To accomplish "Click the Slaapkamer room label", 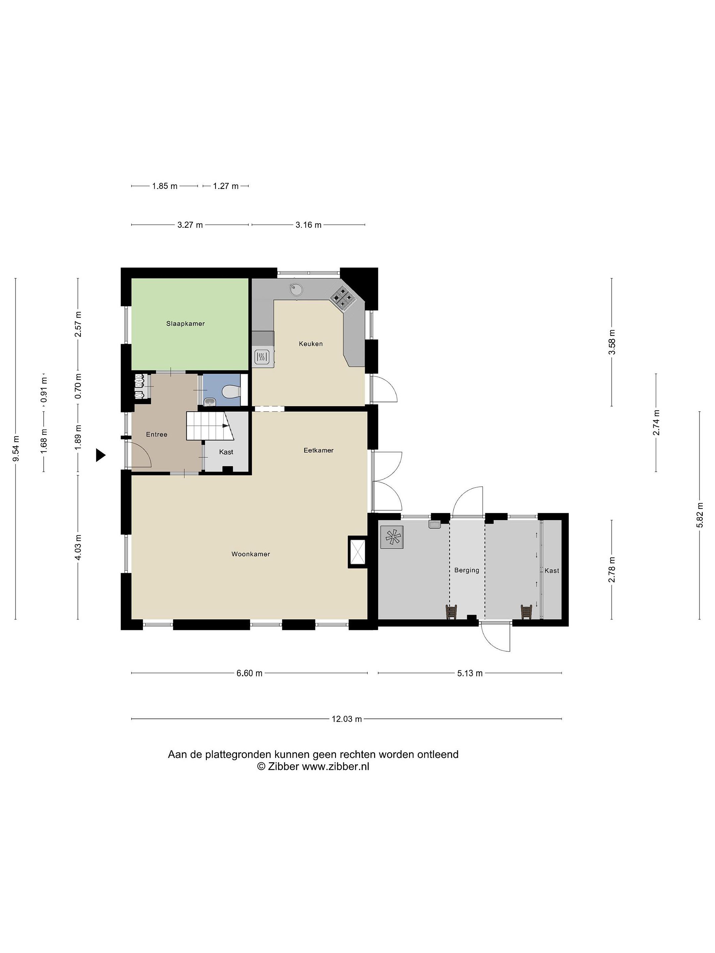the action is (x=185, y=324).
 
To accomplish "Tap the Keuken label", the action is (x=311, y=344).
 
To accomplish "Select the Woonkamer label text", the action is (x=251, y=554).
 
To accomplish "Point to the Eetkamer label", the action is (x=318, y=450).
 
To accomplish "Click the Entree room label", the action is (x=157, y=434).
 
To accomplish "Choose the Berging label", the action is (x=467, y=570).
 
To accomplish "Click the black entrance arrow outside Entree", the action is (x=100, y=455).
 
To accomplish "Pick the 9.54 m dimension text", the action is (x=16, y=448).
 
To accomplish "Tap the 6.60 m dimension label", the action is (x=249, y=673).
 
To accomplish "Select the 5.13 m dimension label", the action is (x=470, y=673).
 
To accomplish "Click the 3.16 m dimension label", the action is (x=309, y=224).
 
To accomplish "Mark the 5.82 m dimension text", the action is (x=699, y=515).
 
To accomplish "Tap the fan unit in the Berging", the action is (x=392, y=537).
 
